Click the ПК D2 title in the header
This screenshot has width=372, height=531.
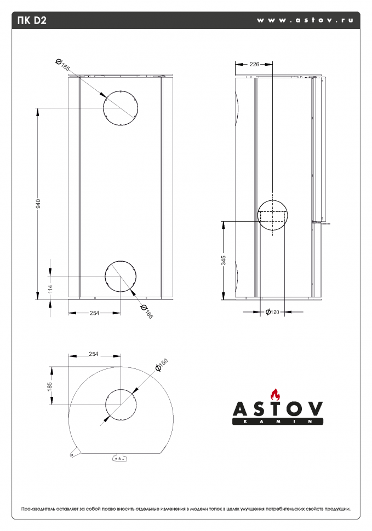pos(32,20)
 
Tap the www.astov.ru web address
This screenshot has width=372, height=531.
pos(305,20)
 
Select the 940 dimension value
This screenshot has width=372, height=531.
pos(38,204)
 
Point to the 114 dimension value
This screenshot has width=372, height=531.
pos(50,288)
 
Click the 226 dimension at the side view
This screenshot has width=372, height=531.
pos(254,64)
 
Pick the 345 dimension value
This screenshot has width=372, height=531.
pos(224,260)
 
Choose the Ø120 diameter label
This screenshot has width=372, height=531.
pos(272,312)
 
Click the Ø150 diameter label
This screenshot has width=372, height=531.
pos(162,365)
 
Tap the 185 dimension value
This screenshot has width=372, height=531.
pos(50,386)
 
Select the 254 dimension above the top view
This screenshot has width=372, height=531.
pos(94,354)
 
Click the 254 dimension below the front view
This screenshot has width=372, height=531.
pos(95,313)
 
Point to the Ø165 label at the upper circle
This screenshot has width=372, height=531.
pos(62,65)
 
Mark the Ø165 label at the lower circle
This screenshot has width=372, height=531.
pos(147,311)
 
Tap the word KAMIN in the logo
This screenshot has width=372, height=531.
pos(277,422)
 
